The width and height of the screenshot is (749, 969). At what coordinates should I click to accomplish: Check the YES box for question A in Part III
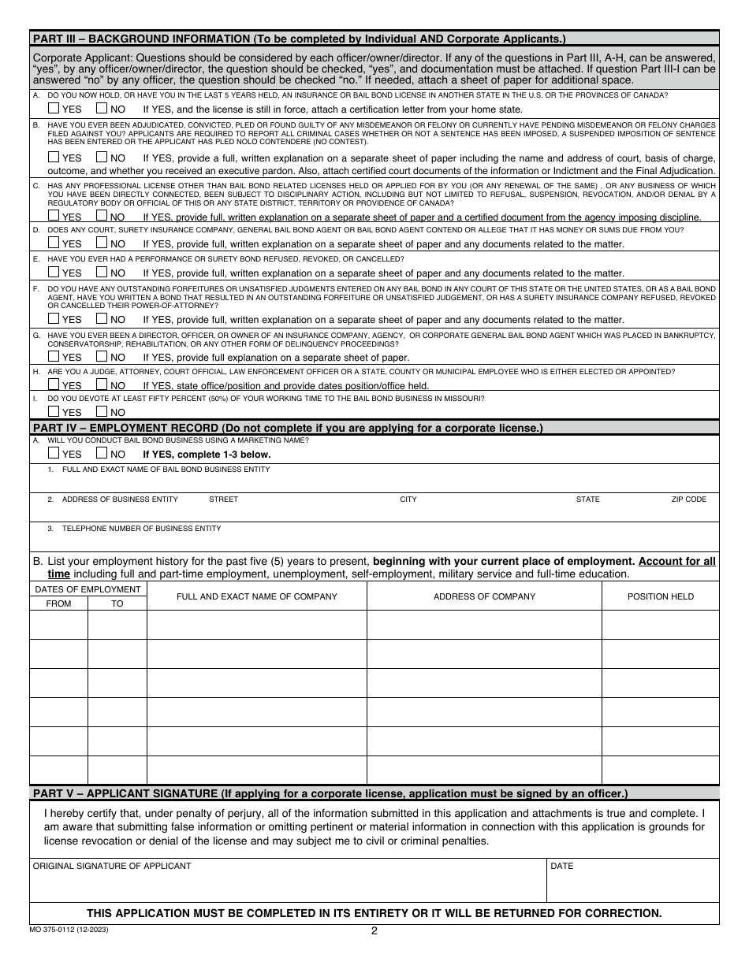(54, 109)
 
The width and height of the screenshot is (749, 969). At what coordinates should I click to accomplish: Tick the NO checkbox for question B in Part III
(101, 157)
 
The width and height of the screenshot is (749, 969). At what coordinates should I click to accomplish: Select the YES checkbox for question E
(54, 273)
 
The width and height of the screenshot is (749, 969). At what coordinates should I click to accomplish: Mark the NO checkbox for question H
(101, 384)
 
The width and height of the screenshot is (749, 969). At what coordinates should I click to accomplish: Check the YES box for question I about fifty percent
(54, 411)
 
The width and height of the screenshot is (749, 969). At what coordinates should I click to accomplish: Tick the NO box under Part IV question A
(101, 454)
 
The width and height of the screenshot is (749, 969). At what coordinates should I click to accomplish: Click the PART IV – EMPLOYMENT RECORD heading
(287, 428)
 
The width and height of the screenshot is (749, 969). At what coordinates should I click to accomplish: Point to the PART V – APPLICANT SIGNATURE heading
(330, 793)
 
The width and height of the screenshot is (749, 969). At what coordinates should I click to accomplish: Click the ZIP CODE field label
(688, 499)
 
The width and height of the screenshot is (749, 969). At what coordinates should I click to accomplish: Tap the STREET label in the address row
(223, 499)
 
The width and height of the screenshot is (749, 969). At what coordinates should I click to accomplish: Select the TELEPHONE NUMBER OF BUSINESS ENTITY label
(141, 529)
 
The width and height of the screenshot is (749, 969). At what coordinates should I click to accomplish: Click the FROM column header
(58, 603)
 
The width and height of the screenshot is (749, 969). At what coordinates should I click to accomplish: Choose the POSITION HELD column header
(660, 596)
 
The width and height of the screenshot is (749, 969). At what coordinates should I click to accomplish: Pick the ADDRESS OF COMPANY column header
(484, 596)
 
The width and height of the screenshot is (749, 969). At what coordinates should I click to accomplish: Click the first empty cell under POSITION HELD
(660, 625)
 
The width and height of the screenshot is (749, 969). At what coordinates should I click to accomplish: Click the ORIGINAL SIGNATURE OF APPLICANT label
(111, 866)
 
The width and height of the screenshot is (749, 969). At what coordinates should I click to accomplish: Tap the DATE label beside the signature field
(561, 866)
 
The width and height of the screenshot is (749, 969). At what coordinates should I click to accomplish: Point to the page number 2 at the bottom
(374, 930)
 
